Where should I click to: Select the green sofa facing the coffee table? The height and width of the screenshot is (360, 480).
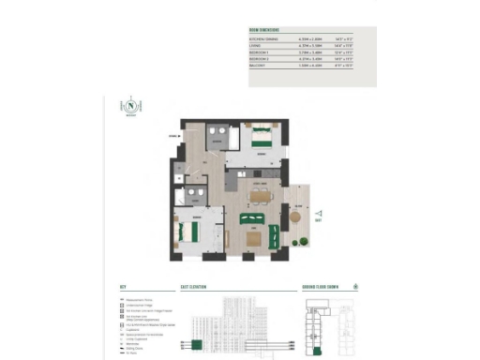251,219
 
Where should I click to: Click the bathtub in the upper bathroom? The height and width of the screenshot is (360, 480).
219,133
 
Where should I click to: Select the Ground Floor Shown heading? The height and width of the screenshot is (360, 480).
320,288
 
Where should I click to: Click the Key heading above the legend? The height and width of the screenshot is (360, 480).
123,288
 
